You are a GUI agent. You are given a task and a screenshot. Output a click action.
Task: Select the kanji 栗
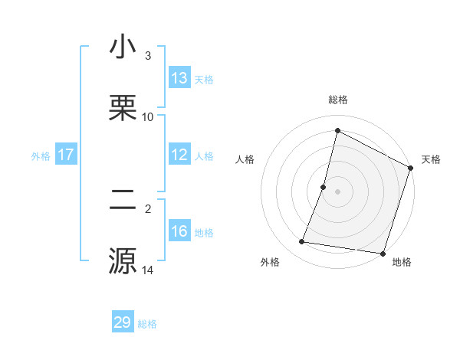click(x=123, y=106)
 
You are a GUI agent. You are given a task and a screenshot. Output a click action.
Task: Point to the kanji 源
click(x=123, y=260)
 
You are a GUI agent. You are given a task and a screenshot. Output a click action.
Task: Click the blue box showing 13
click(x=179, y=78)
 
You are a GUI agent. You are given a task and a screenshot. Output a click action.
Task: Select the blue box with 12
click(x=179, y=155)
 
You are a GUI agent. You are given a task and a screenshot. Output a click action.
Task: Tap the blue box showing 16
click(x=179, y=231)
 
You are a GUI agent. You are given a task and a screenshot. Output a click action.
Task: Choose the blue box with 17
click(x=66, y=155)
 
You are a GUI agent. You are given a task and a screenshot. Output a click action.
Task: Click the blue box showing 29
click(x=123, y=322)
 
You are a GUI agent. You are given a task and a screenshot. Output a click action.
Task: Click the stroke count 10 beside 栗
click(x=148, y=116)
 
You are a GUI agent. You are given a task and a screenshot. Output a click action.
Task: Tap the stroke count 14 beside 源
click(x=148, y=270)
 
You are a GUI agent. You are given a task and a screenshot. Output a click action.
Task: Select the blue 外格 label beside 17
click(x=41, y=155)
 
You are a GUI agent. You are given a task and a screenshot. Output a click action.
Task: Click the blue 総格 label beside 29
click(x=148, y=323)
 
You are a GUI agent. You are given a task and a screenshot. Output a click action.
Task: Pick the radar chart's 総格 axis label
click(x=337, y=100)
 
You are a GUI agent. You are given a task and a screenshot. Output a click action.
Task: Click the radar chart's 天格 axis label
click(x=431, y=159)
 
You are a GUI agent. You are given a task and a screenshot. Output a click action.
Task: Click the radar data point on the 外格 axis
click(x=302, y=242)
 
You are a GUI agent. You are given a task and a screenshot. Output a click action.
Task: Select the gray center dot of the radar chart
click(x=337, y=191)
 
